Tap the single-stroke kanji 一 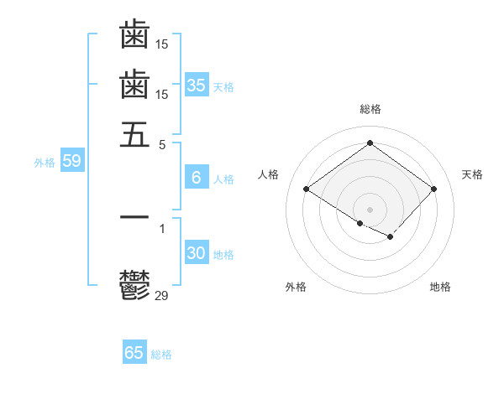coord(134,217)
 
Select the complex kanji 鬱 coord(134,285)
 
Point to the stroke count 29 coord(162,295)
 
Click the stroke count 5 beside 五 coord(162,143)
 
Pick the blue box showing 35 coord(197,86)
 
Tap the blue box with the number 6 coord(197,178)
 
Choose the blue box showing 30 coord(197,253)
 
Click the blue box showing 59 coord(71,162)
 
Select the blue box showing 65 coord(134,353)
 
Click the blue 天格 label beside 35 coord(223,87)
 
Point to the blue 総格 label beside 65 coord(161,355)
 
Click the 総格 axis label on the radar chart coord(370,109)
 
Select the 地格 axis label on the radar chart coord(440,287)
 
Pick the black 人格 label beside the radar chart coord(269,174)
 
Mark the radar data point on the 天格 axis coord(433,189)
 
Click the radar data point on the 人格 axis coord(307,189)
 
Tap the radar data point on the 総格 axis coord(370,143)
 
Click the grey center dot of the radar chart coord(370,209)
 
